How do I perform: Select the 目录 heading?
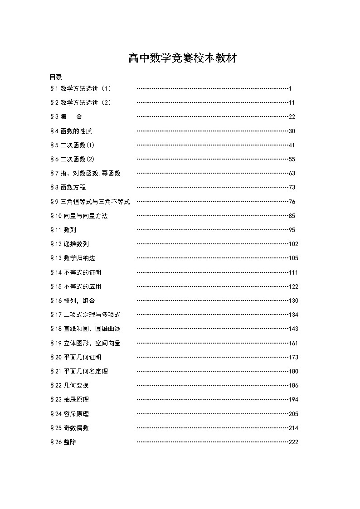click(56, 77)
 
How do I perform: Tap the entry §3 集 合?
click(66, 116)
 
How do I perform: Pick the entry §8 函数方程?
click(68, 187)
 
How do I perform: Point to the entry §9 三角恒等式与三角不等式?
click(90, 202)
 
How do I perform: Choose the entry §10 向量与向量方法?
click(79, 216)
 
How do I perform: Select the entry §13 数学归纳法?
click(73, 258)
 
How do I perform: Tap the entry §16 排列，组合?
click(73, 301)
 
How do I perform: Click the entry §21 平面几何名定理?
click(79, 371)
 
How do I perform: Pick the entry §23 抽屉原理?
click(69, 399)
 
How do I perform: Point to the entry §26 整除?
click(63, 442)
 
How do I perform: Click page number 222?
click(293, 442)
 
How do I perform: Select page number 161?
click(293, 343)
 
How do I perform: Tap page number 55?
click(292, 159)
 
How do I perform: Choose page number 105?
click(293, 258)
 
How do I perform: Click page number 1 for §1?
click(290, 88)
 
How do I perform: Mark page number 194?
click(293, 400)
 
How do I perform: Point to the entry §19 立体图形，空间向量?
click(85, 343)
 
